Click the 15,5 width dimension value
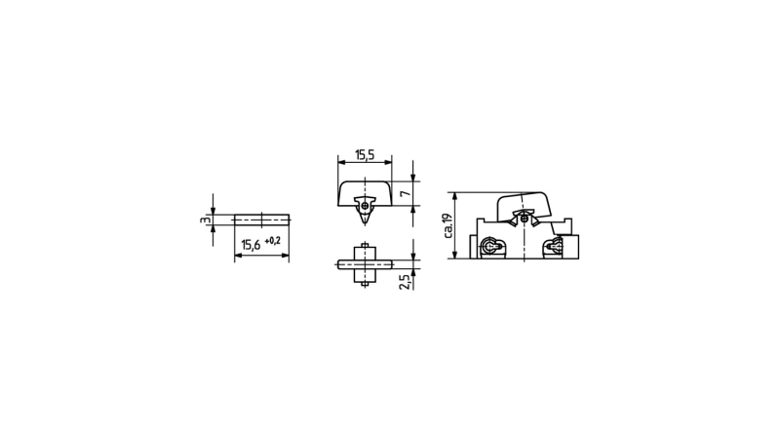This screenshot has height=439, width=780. coord(365,155)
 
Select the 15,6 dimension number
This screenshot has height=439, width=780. coord(251,245)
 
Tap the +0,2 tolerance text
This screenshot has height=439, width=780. coord(273,241)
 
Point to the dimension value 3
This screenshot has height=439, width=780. coord(204,219)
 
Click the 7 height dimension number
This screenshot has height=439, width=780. coord(407,193)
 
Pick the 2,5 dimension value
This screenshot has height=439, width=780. coord(406,282)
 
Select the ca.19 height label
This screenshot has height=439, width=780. coord(448,226)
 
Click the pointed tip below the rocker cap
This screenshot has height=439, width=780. coord(365,224)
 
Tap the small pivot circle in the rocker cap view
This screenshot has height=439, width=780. coord(365,206)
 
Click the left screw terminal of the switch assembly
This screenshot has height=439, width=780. coord(490,247)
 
